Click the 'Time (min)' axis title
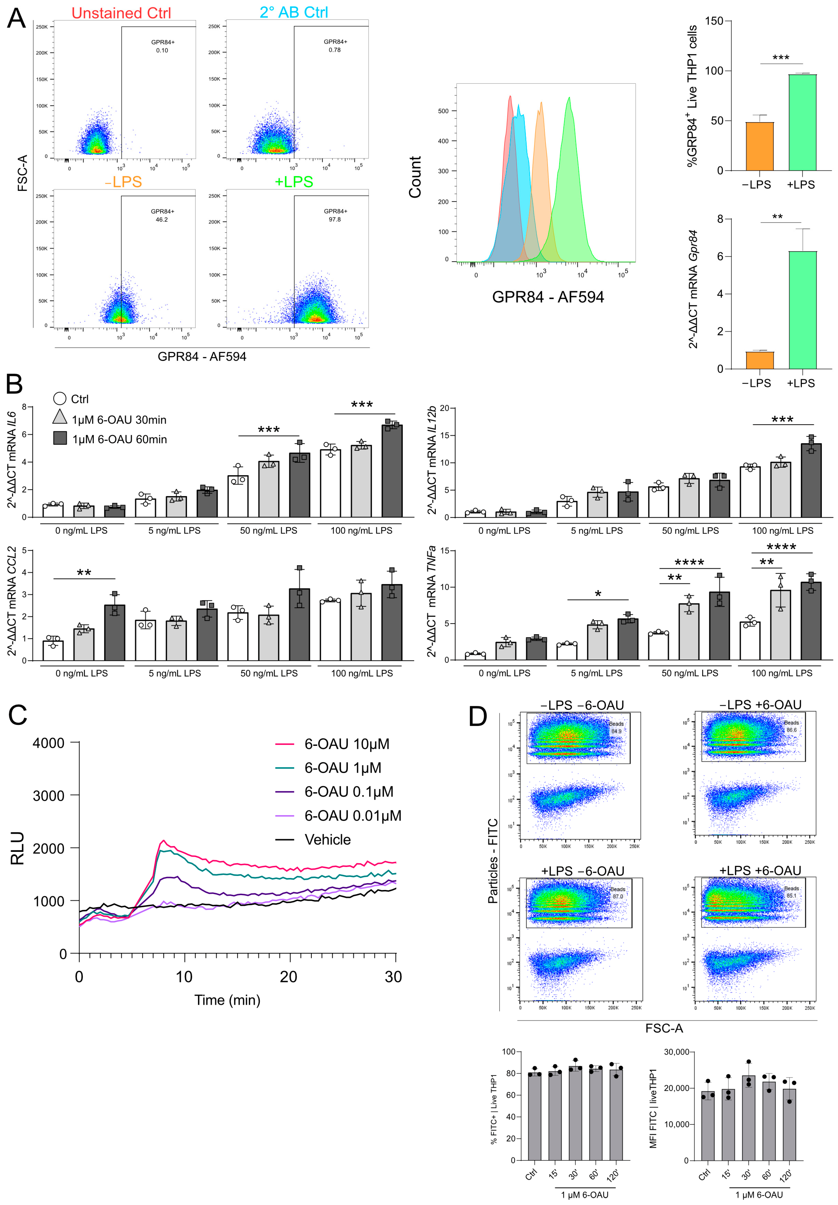(227, 1000)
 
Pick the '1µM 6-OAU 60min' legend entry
(119, 439)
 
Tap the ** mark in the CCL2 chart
(84, 573)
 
